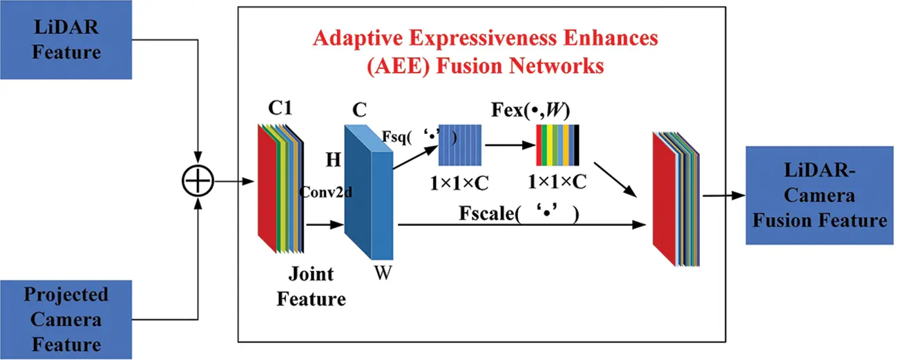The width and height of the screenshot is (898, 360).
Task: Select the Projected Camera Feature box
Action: [66, 320]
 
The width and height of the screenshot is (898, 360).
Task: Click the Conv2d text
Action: [325, 193]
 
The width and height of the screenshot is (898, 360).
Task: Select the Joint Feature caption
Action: [311, 287]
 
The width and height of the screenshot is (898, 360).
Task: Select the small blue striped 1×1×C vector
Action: [460, 146]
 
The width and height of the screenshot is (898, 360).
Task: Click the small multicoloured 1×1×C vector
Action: [558, 146]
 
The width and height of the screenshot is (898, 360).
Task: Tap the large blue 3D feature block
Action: [369, 183]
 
